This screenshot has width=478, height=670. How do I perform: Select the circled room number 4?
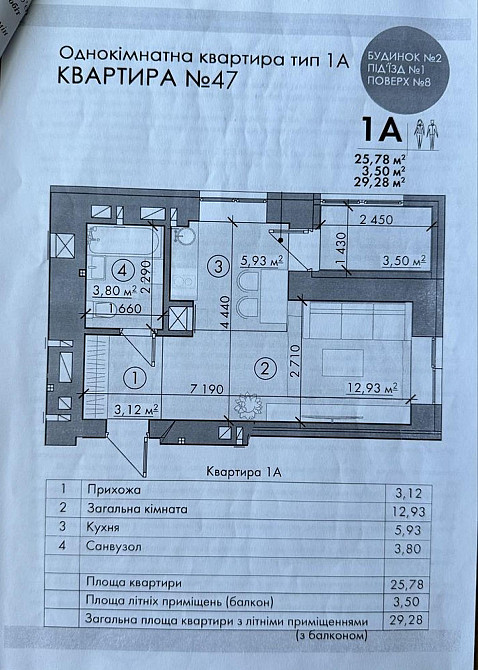coord(121,268)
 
